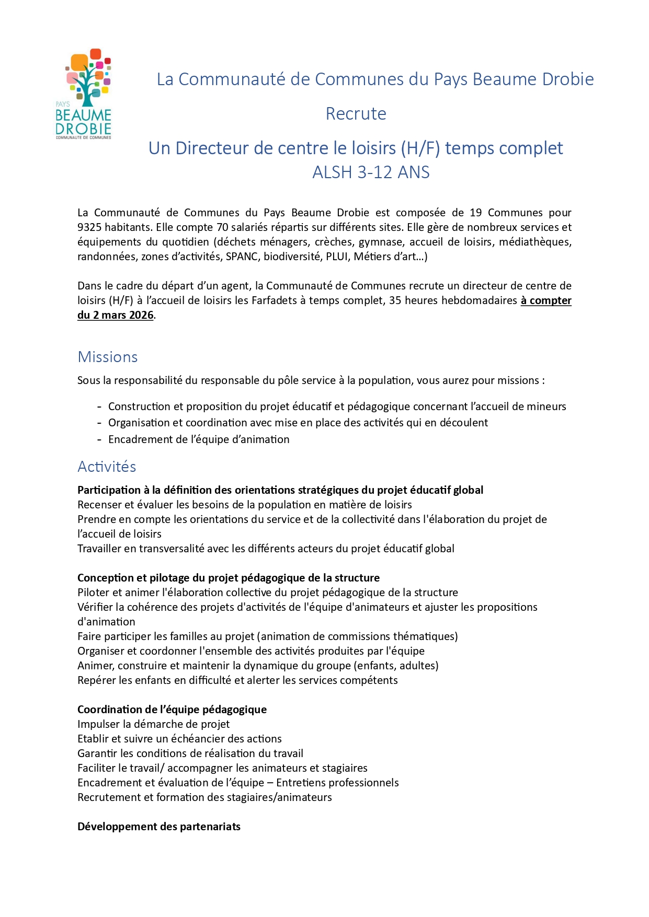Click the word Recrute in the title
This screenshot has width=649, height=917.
coord(356,114)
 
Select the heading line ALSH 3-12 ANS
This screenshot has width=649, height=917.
coord(371,172)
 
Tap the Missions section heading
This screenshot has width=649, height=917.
coord(108,357)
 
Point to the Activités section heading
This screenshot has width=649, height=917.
coord(107,467)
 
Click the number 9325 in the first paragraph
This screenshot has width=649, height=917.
coord(89,227)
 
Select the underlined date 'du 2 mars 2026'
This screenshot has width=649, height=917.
coord(116,315)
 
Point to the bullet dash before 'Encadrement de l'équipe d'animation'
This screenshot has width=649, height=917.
coord(99,439)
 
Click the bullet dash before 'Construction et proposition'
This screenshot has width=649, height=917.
coord(99,407)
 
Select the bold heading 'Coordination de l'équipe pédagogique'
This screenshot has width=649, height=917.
coord(172,710)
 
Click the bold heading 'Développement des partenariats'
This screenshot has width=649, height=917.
coord(159,827)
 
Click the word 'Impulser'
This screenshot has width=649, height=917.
coord(98,724)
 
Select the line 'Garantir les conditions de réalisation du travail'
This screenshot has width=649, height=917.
coord(190,753)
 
